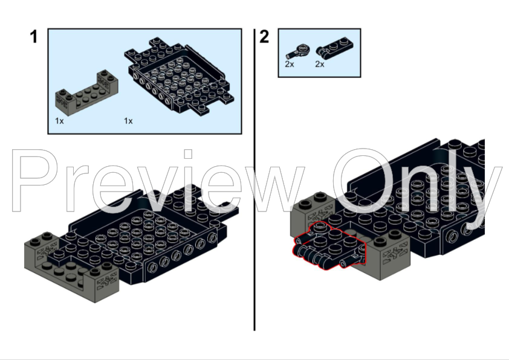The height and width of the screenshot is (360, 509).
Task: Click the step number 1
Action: pyautogui.click(x=34, y=37)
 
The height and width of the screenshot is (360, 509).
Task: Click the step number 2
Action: pyautogui.click(x=264, y=37)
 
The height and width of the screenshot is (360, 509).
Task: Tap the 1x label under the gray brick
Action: pyautogui.click(x=59, y=121)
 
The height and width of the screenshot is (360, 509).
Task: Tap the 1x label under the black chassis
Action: pyautogui.click(x=128, y=121)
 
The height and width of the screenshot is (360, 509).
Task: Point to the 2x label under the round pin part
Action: pyautogui.click(x=290, y=64)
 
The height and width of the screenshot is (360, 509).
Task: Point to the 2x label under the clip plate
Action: pyautogui.click(x=320, y=64)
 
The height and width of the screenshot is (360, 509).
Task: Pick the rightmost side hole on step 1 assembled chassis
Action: pyautogui.click(x=212, y=239)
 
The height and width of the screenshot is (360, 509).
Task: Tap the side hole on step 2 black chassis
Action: pyautogui.click(x=453, y=234)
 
